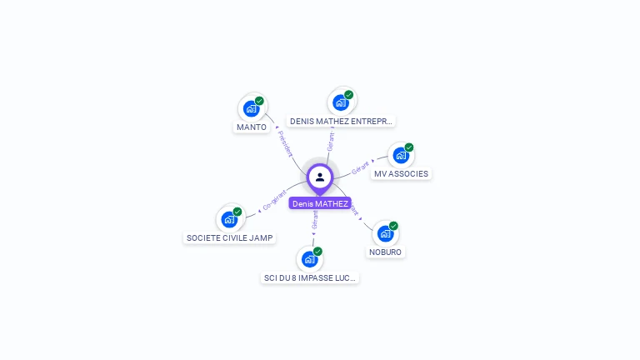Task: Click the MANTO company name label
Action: coord(252,127)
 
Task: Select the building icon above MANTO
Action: coord(251,108)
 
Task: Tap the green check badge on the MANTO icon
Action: coord(259,101)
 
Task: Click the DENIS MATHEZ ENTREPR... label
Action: coord(341,122)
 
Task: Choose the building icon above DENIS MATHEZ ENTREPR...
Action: coord(340,102)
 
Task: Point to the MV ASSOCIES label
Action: coord(401,174)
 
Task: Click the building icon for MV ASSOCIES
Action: coord(401,156)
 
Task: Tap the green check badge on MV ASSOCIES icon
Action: coord(409,147)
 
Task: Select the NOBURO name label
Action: coord(385,252)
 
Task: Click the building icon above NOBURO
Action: coord(385,233)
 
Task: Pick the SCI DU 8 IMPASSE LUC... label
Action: coord(310,278)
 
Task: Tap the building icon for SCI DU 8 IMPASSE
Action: coord(309,259)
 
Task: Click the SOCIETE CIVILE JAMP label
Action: coord(229,238)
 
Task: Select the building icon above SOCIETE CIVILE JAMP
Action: coord(229,219)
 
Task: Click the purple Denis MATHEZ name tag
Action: coord(320,203)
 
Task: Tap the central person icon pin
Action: coord(320,177)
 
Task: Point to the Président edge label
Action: coord(285,143)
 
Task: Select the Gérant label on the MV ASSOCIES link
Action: coord(360,167)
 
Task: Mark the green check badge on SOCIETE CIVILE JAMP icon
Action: coord(237,212)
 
